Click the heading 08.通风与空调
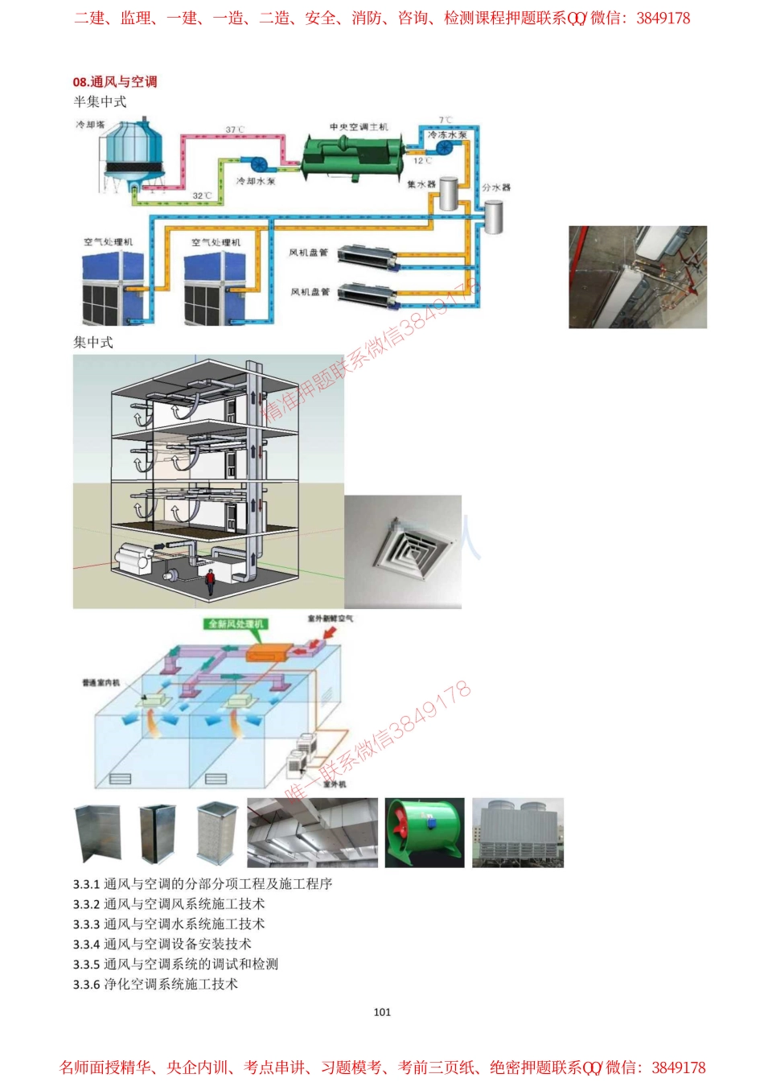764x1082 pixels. coord(114,81)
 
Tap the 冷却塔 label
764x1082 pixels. coord(90,125)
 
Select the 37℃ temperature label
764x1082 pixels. coord(235,130)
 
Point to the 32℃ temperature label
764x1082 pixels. coord(202,195)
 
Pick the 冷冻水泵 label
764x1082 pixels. coord(446,135)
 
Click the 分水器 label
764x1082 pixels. coord(496,187)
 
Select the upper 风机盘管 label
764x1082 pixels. coord(309,253)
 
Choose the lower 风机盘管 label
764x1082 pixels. coord(310,291)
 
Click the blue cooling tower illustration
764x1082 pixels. coord(133,158)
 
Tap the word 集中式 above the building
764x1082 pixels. coord(93,342)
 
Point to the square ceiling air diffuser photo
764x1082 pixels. coord(403,551)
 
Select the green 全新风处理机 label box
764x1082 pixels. coord(236,623)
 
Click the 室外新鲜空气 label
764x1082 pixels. coord(330,619)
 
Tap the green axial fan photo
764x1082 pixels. coord(424,833)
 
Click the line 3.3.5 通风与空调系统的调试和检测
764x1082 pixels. coord(175,964)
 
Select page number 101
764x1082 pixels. coord(382,1012)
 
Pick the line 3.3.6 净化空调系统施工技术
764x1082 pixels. coord(155,984)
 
